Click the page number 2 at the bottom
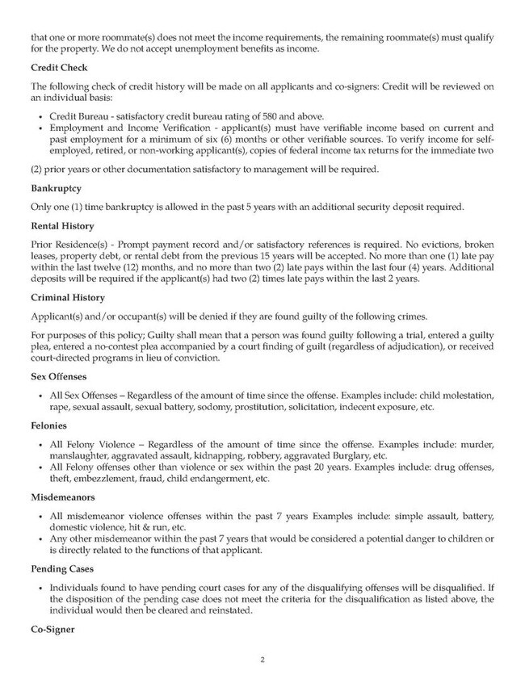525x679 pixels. pos(262,660)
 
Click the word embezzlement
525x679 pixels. pos(95,479)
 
